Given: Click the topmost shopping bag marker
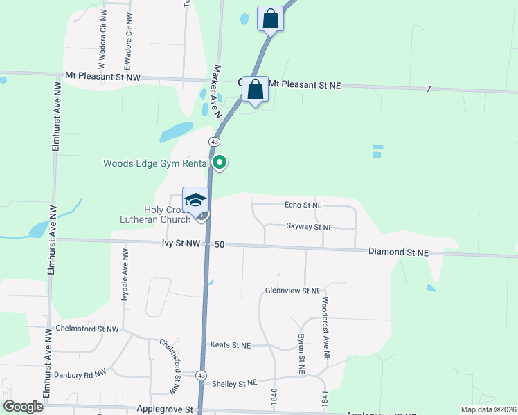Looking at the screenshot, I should [x=270, y=19].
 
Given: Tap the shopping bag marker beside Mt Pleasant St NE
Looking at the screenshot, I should [x=256, y=89].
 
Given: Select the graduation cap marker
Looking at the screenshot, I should [x=195, y=200].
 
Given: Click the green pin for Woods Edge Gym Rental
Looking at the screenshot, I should [x=220, y=163].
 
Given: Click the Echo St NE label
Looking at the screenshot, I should [x=303, y=205].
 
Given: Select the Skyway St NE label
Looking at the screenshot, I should [x=310, y=227].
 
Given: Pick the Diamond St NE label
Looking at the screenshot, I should [x=398, y=252].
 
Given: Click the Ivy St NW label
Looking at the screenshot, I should [x=181, y=244].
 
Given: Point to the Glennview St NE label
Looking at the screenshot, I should [x=293, y=291].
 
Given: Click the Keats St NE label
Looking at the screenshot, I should [x=230, y=344].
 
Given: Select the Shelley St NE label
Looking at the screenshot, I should [x=234, y=383].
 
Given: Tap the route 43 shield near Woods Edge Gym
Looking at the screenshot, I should [x=215, y=141].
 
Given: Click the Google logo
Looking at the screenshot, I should [x=23, y=407].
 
